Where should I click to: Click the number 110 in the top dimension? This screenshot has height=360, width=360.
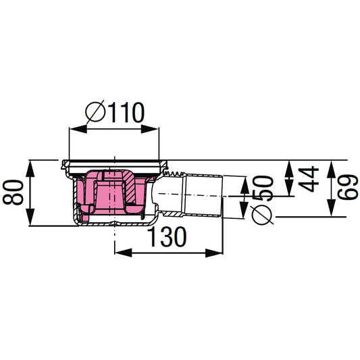126,111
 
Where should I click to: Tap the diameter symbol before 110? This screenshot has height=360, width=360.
96,112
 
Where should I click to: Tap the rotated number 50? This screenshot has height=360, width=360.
263,187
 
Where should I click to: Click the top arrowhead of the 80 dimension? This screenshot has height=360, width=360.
30,164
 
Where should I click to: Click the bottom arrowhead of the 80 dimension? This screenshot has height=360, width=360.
30,222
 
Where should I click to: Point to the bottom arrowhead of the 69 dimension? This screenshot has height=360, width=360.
330,213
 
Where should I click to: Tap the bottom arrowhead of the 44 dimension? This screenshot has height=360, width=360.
288,192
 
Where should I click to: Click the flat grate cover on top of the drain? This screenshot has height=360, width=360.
115,163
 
